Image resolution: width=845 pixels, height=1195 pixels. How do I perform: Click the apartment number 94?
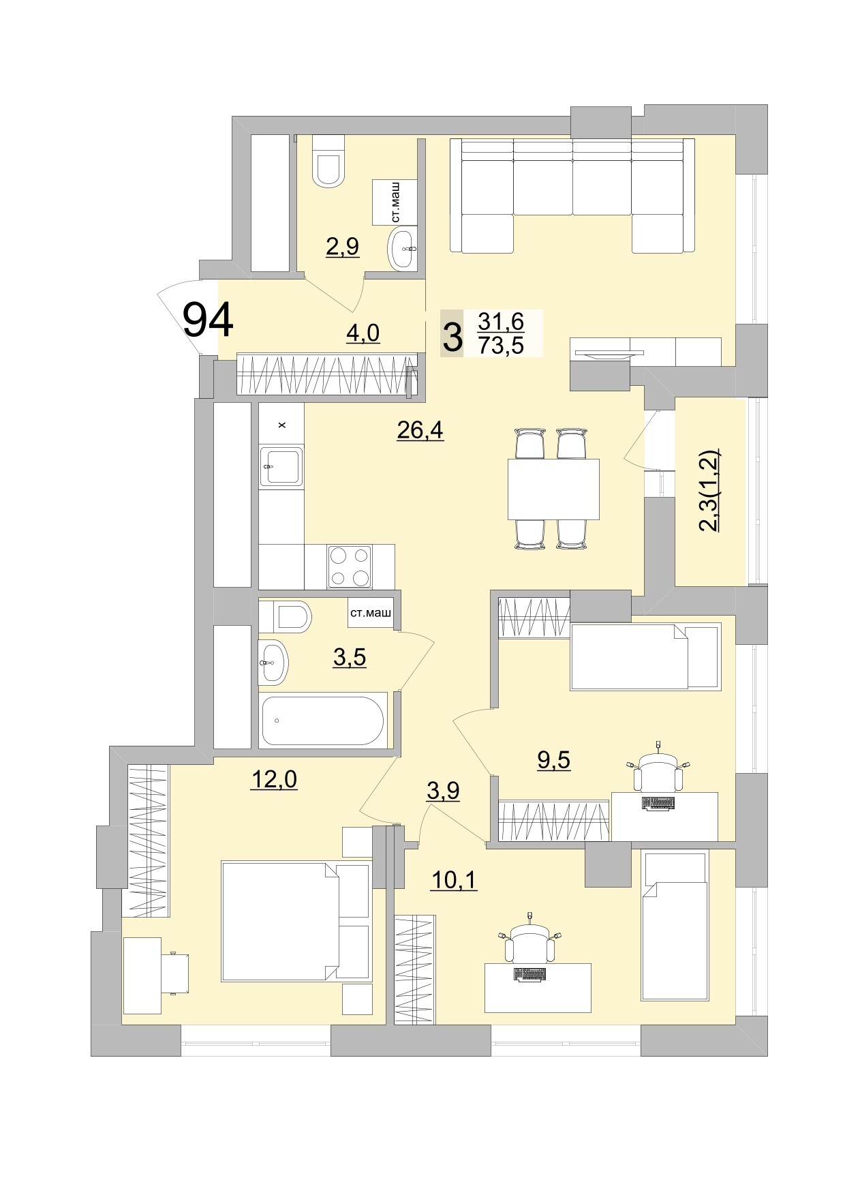tap(209, 320)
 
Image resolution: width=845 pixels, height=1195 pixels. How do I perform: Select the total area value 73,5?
tap(501, 346)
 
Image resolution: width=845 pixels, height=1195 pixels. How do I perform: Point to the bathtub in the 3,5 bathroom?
tap(322, 720)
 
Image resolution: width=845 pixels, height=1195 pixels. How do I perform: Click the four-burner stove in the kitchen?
tap(350, 566)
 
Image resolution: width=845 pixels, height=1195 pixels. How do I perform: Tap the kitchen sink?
tap(281, 467)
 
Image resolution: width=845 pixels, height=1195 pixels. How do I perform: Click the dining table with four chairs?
tap(553, 489)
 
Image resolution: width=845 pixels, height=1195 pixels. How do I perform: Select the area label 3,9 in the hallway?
tap(443, 791)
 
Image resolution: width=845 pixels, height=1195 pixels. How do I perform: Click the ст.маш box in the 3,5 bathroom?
tap(371, 614)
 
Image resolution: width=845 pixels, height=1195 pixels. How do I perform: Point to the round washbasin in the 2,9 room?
tap(403, 249)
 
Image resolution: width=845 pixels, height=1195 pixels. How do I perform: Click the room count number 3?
tap(452, 335)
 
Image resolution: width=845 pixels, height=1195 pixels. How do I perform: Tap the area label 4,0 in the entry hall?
tap(363, 333)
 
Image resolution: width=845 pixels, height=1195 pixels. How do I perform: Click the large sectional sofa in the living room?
tap(572, 196)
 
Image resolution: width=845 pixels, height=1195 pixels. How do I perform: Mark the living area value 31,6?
tap(501, 320)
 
